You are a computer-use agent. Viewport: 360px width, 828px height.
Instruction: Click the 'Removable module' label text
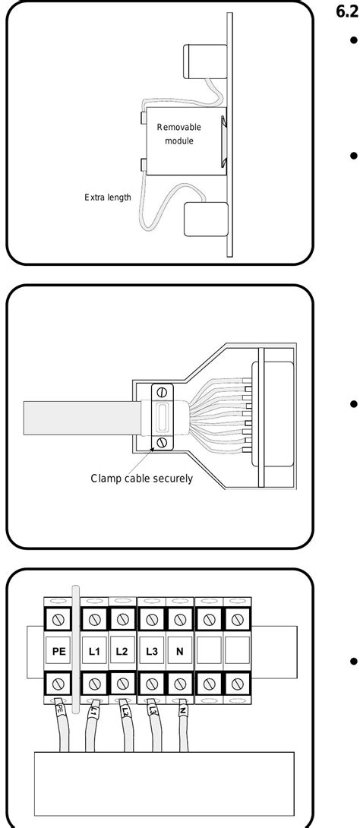179,134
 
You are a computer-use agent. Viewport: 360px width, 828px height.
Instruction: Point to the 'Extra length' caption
108,198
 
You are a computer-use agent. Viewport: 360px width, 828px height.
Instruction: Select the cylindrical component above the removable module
199,62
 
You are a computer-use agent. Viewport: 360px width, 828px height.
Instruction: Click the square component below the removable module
204,220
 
